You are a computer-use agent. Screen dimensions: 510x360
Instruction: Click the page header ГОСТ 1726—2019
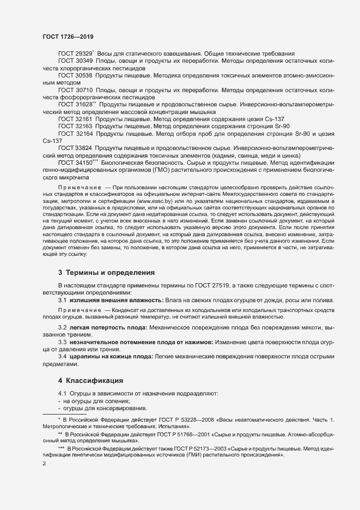coord(68,37)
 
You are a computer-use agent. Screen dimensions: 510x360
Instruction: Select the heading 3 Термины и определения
coord(107,272)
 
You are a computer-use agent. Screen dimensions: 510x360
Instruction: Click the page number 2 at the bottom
coord(44,464)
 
